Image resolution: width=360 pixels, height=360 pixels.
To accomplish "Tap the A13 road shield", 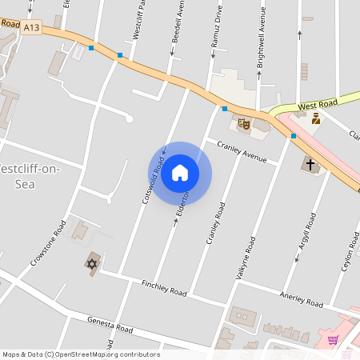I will [32, 26].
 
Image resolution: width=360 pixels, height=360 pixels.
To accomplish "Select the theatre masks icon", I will [244, 123].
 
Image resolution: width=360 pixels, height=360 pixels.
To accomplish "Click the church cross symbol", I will [310, 164].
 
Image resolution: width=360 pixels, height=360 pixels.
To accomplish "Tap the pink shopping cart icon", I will [333, 340].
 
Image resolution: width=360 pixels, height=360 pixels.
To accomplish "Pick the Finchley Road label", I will [164, 288].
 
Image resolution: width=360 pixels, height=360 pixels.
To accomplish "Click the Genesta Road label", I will [110, 324].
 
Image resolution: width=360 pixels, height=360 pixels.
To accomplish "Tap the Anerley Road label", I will [301, 298].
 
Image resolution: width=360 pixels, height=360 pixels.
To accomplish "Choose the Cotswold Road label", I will [152, 179].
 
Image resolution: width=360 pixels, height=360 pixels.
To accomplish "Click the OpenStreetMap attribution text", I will [81, 354].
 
